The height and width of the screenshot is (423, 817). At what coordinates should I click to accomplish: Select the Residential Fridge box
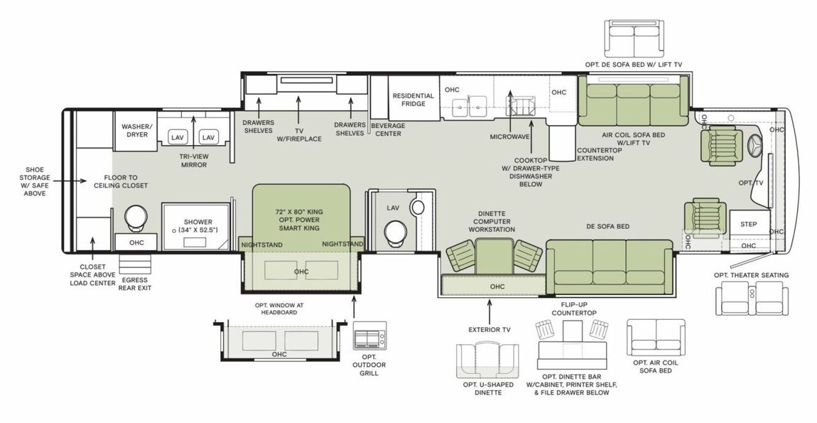(413, 100)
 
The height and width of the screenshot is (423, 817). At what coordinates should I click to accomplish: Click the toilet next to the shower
(134, 218)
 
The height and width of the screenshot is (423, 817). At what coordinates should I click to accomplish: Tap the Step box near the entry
(749, 224)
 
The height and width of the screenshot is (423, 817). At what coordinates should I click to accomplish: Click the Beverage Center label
(388, 129)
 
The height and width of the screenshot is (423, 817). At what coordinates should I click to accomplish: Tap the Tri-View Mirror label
(193, 160)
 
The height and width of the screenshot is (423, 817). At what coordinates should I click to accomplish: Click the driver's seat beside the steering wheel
(718, 146)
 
